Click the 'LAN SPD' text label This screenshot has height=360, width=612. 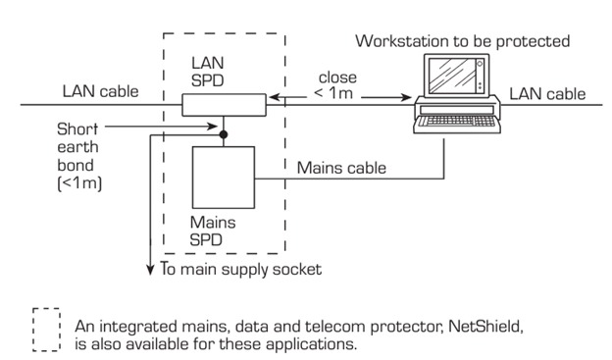207,71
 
